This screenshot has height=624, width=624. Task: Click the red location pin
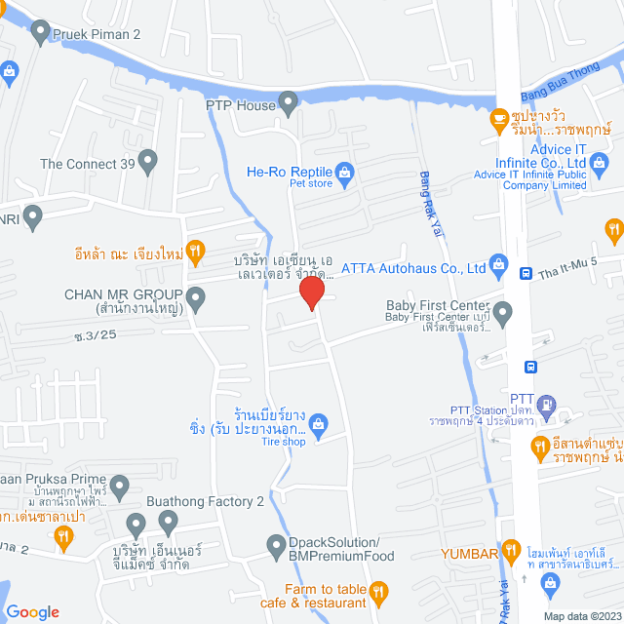(311, 293)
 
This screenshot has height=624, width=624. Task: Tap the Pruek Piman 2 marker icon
(41, 33)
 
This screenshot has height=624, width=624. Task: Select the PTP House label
(241, 104)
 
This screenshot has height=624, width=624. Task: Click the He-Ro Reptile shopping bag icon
(344, 174)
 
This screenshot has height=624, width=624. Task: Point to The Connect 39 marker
(148, 161)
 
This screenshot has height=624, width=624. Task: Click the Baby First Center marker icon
(502, 313)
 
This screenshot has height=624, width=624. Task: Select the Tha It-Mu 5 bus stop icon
(525, 274)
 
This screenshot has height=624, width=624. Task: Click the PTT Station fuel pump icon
(547, 402)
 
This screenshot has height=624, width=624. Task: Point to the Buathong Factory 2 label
(205, 502)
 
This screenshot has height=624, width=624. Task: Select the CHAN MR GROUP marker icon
(195, 296)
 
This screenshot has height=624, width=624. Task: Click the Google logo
(32, 611)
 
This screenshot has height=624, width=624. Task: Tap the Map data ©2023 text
(582, 616)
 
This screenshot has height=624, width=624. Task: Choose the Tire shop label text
(282, 442)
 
